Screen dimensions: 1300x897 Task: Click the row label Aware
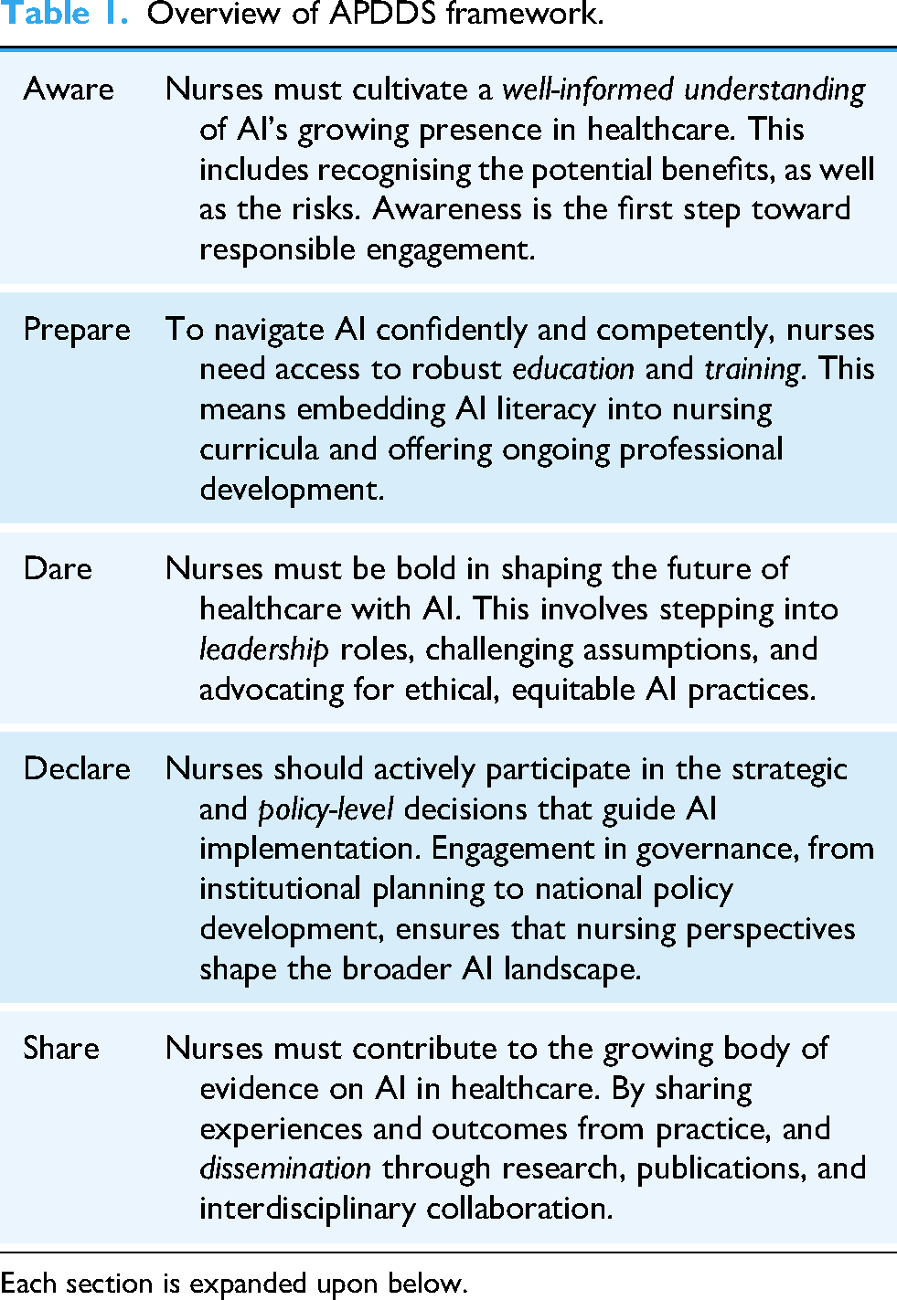(69, 89)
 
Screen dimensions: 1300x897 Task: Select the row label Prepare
(77, 329)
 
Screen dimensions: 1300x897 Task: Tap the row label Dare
(58, 568)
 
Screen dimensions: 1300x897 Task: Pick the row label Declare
(77, 768)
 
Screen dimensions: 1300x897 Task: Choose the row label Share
(61, 1048)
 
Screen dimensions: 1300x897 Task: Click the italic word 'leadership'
(263, 649)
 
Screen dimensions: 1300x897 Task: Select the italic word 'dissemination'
(285, 1168)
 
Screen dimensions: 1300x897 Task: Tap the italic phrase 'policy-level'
(326, 809)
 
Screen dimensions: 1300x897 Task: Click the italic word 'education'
(573, 369)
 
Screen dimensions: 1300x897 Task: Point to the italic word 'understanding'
(774, 90)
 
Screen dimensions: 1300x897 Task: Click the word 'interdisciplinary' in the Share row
(309, 1208)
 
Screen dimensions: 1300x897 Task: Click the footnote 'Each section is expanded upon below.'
(234, 1283)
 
